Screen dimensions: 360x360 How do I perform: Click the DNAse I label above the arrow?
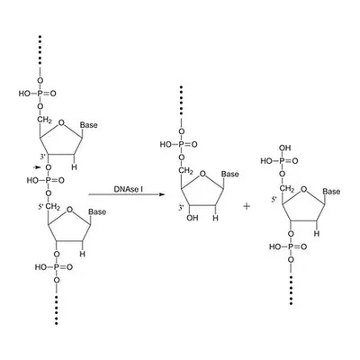point(126,189)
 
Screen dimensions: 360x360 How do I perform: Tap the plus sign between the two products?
point(247,206)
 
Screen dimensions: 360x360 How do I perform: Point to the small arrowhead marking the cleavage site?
point(38,167)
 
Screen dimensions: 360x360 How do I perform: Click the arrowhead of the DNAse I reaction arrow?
point(162,194)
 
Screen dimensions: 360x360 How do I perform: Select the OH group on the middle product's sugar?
point(192,218)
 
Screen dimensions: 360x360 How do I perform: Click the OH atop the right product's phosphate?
point(284,148)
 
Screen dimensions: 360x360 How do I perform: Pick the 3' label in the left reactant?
point(44,157)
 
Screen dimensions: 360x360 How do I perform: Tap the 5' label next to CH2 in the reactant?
point(41,207)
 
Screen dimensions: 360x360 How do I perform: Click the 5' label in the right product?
point(274,200)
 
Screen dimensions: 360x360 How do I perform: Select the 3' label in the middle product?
point(181,208)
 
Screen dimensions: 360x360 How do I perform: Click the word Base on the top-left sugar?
point(89,125)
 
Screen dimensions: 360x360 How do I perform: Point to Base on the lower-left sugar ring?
point(97,212)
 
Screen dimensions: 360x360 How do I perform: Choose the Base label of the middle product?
point(230,175)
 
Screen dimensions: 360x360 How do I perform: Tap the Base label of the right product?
point(331,192)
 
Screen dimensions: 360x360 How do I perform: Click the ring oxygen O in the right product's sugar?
point(304,190)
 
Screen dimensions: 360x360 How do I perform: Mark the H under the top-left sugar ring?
point(74,167)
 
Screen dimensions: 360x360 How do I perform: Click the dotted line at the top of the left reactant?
point(40,49)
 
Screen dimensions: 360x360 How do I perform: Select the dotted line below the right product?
point(291,290)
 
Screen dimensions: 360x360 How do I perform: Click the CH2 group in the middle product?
point(186,172)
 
